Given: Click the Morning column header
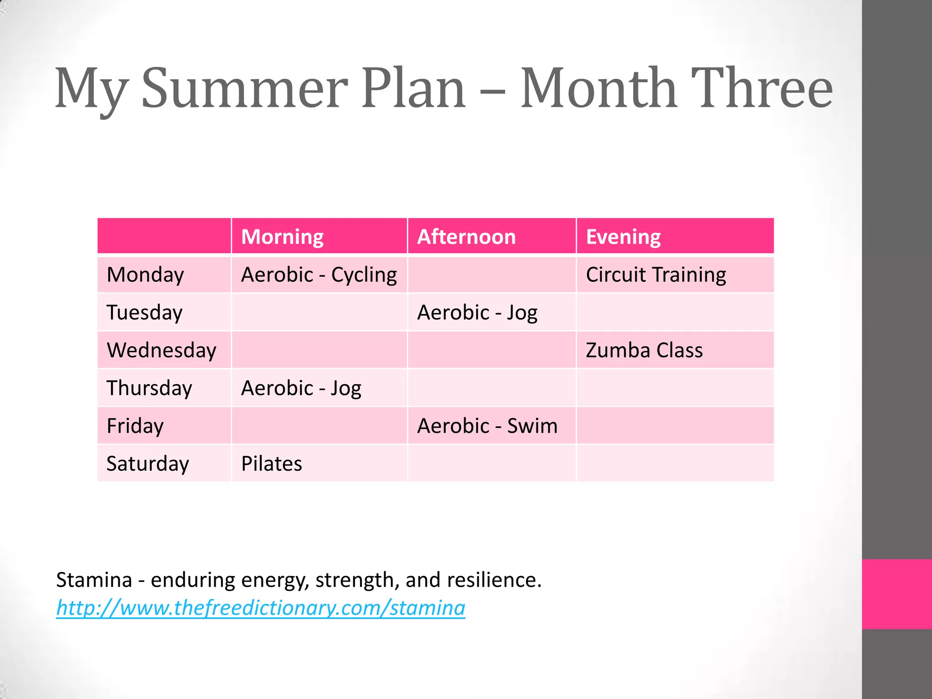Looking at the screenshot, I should [x=282, y=237].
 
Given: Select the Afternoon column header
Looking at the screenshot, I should [x=466, y=237].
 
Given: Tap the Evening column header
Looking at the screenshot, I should [x=623, y=237].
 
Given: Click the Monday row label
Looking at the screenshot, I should [x=145, y=275].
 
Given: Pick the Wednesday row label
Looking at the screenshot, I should [x=161, y=350].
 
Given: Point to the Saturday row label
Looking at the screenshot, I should [x=147, y=464].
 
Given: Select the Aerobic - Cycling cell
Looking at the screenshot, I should [x=319, y=275].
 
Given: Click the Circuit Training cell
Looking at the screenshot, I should [x=655, y=275].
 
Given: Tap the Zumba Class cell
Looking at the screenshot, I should [x=644, y=350].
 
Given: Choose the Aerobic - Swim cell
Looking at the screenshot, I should [x=487, y=426].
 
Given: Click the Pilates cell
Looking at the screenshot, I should [x=272, y=464].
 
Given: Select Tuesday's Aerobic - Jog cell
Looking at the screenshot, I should [x=477, y=313].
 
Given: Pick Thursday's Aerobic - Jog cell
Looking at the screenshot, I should [x=301, y=388].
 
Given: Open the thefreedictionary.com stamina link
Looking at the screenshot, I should [x=260, y=608].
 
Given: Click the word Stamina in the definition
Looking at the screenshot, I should [x=94, y=580].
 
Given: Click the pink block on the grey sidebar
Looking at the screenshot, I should [x=897, y=594].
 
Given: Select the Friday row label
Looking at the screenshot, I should [x=135, y=426].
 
